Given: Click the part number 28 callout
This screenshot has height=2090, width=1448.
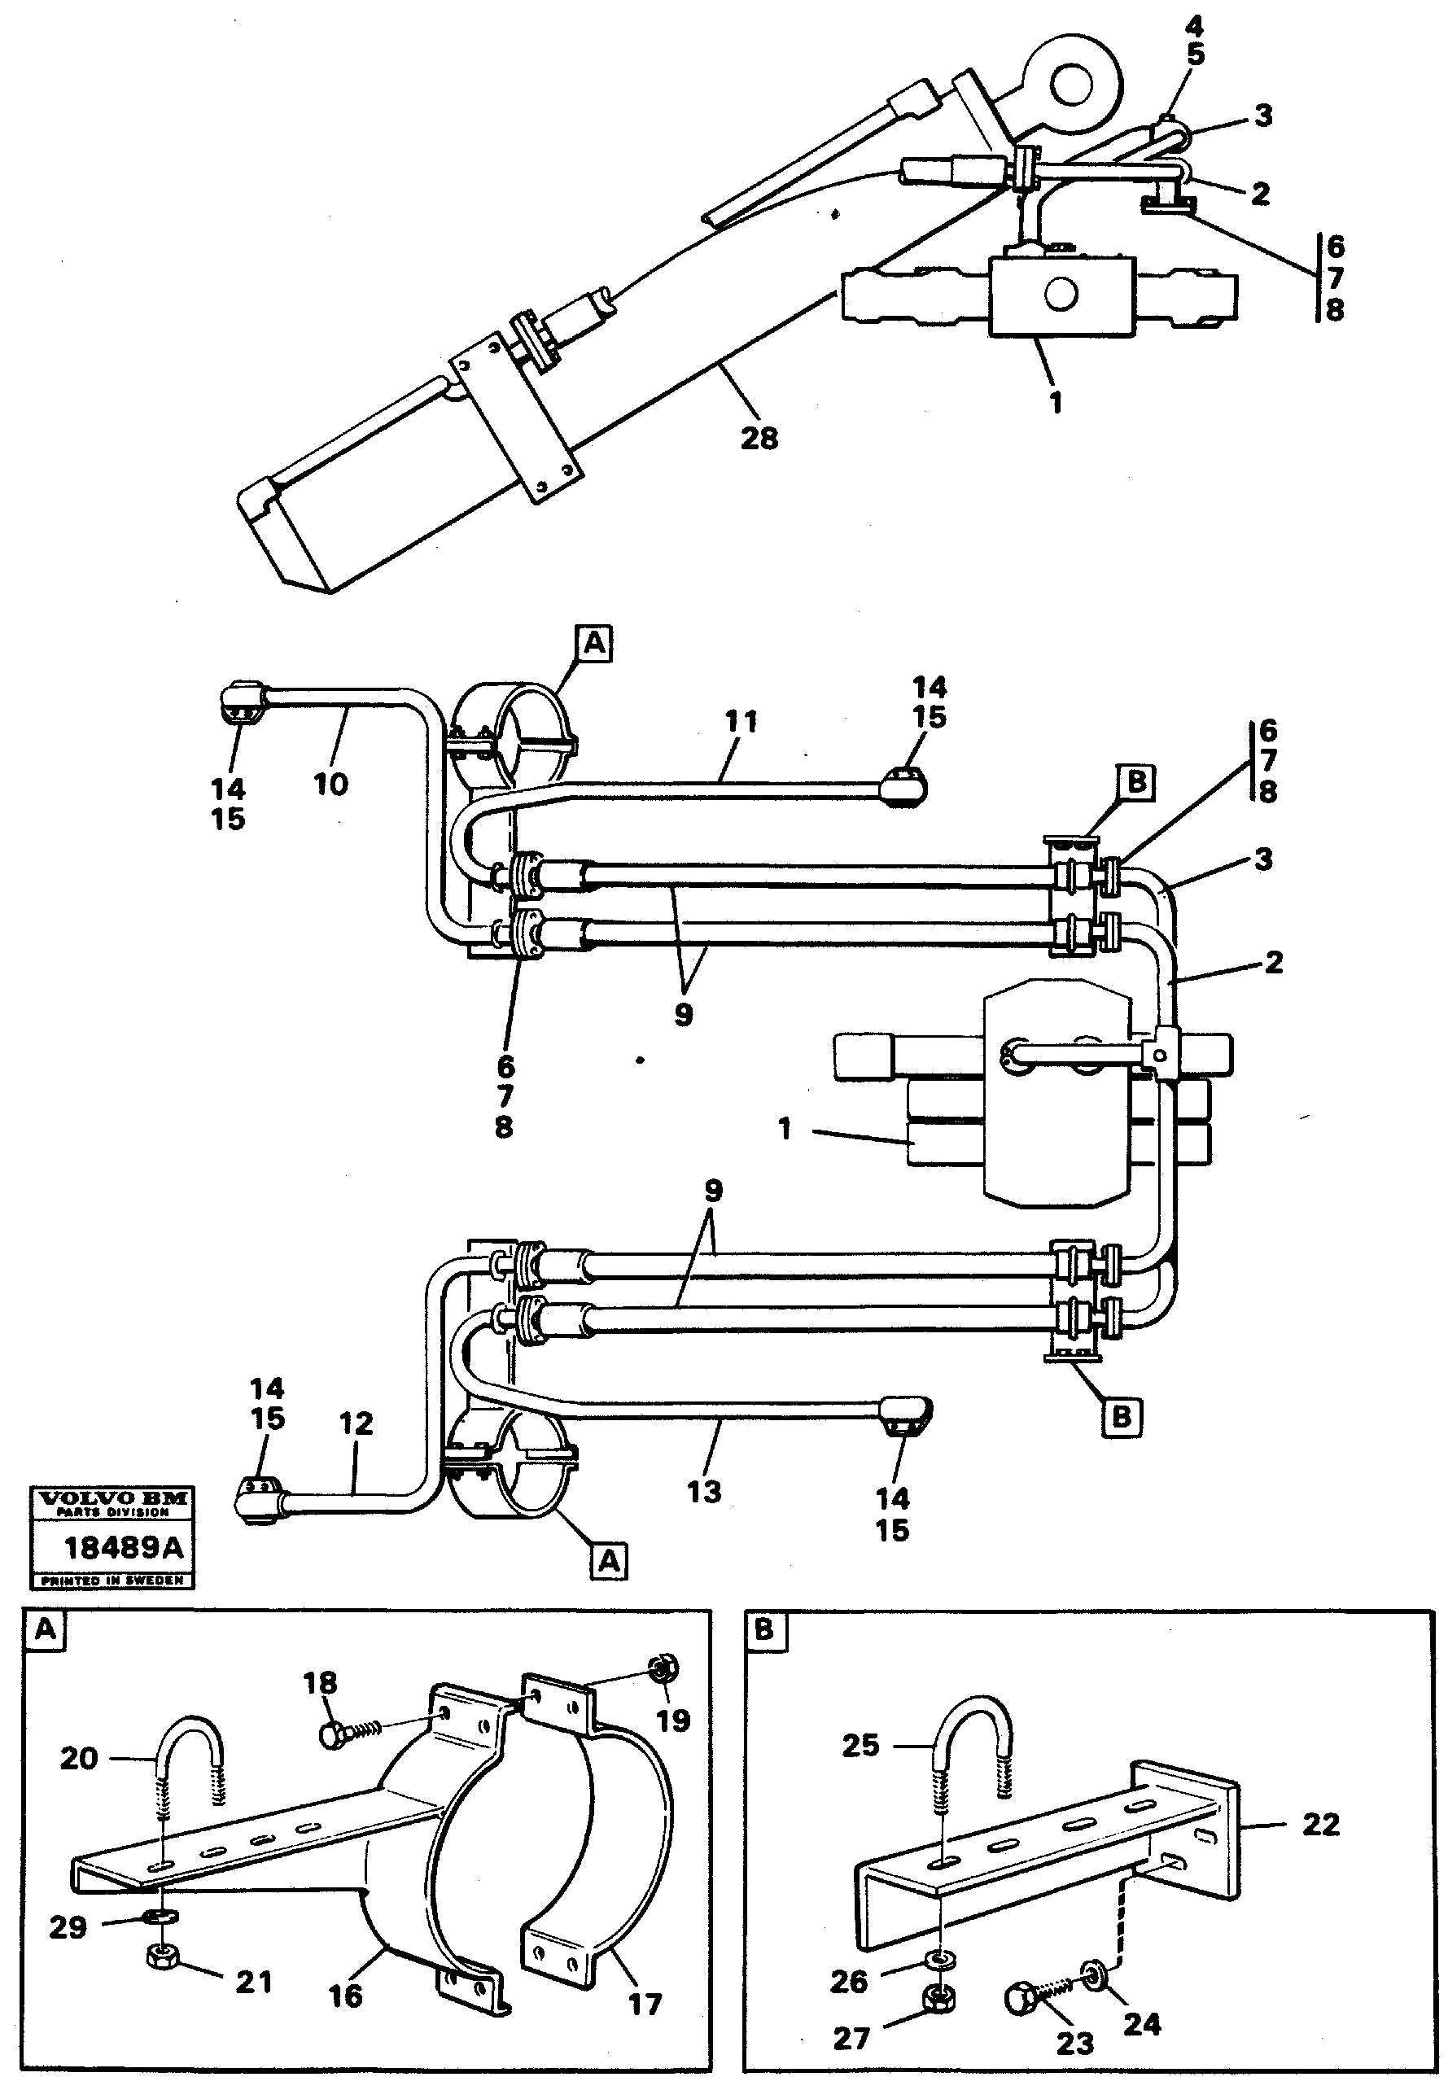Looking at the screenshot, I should [x=759, y=438].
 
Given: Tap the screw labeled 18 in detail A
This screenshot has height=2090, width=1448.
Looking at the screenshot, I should [x=348, y=1731].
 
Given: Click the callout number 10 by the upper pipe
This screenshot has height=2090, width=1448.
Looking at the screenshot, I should [x=330, y=784].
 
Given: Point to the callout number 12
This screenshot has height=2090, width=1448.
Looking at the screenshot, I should [x=356, y=1423].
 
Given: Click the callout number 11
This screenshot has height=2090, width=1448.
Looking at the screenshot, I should [x=741, y=722].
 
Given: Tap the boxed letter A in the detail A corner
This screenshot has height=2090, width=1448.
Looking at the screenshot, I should [x=45, y=1630].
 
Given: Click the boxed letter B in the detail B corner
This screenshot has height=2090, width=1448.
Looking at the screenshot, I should [x=764, y=1630].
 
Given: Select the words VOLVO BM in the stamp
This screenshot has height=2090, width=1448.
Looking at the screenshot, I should [x=112, y=1499].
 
